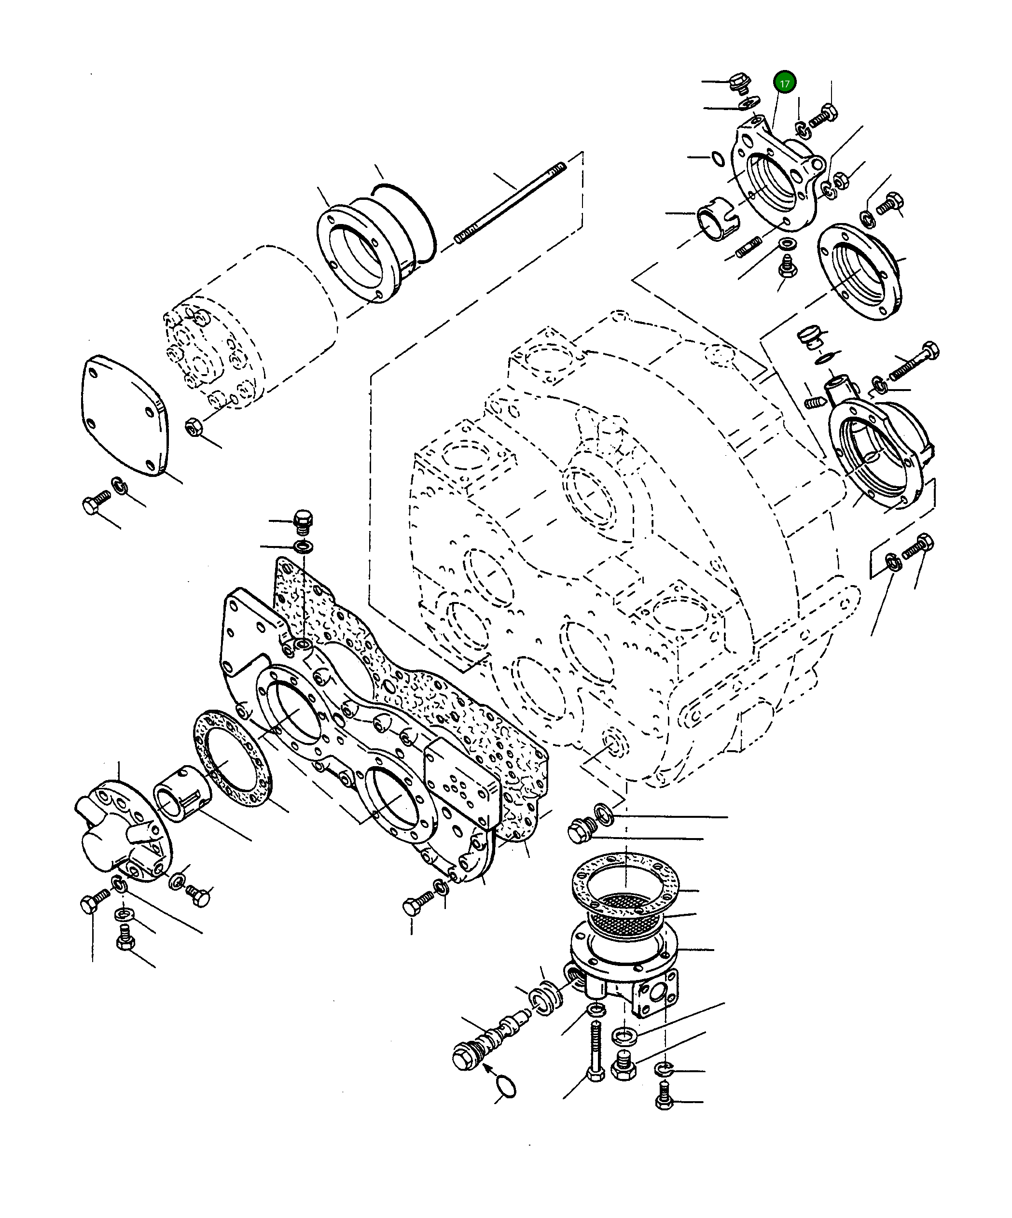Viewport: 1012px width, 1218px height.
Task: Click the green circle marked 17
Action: coord(784,83)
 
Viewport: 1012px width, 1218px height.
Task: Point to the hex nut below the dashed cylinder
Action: coord(193,428)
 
